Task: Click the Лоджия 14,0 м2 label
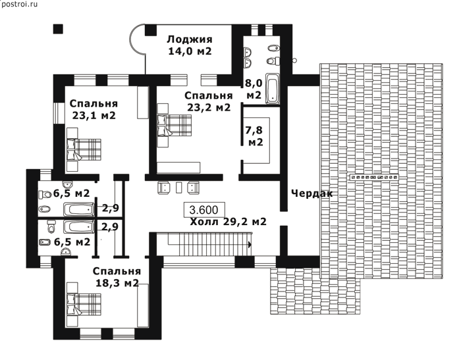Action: coord(190,45)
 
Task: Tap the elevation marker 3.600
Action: coord(204,210)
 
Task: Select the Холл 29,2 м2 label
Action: coord(228,221)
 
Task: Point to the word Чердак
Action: coord(312,193)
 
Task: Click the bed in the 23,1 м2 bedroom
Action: coord(84,149)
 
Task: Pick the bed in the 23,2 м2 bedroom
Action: coord(175,125)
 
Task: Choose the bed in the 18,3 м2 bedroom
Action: coord(84,305)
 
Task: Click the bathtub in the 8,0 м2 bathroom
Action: coord(273,88)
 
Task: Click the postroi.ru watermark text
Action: coord(19,5)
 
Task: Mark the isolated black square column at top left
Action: coord(58,29)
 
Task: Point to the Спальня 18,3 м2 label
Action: coord(117,277)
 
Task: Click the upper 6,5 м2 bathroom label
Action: coord(71,193)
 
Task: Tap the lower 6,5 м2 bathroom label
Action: coord(72,242)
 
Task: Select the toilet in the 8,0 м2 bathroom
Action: coord(273,61)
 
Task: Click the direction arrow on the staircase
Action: coord(250,244)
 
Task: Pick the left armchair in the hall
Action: coord(164,188)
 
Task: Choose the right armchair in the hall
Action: coord(193,188)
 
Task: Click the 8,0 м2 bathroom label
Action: coord(254,89)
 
